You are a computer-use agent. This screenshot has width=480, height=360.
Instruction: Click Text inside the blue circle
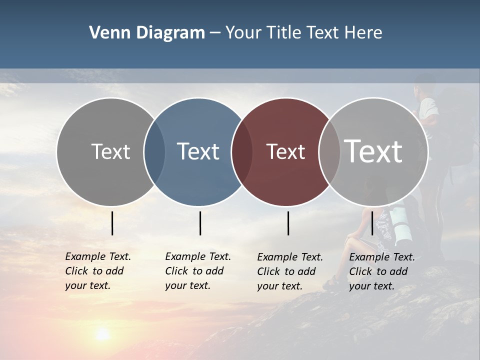pos(198,151)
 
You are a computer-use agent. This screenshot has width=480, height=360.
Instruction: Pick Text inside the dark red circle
pos(285,151)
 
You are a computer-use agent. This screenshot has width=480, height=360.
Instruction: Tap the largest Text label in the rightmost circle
pos(373,151)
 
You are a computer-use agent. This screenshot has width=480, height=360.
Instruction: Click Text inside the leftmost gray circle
pos(110,151)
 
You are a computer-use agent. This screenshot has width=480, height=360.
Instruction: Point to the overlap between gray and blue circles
pos(154,152)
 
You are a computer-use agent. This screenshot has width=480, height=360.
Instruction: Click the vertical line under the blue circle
pos(200,223)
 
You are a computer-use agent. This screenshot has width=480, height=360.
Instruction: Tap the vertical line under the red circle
pos(288,223)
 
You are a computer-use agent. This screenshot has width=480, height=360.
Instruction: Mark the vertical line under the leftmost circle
pos(112,223)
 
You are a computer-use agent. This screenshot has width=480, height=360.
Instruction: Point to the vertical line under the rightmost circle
pos(372,223)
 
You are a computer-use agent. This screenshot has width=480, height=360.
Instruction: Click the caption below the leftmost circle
pos(97,271)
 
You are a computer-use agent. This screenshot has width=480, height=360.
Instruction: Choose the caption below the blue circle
pos(197,271)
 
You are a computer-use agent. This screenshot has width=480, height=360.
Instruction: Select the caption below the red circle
pos(289,271)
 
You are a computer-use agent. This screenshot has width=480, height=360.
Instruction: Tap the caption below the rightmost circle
pos(381,271)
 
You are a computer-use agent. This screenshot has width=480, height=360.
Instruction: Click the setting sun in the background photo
pos(102,334)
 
